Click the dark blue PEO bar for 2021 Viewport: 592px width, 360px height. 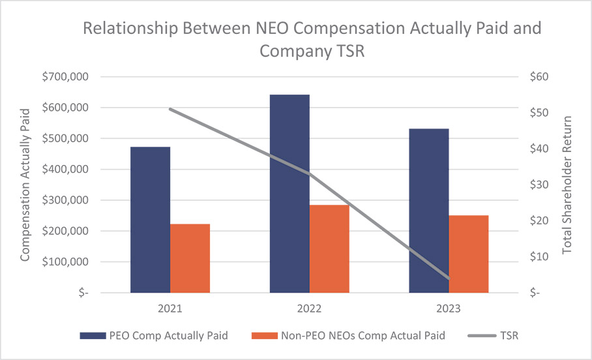coord(150,220)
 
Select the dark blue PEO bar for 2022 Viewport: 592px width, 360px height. coord(289,194)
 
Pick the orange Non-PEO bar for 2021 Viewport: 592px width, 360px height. coord(190,258)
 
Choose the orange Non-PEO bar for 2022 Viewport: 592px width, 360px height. coord(329,248)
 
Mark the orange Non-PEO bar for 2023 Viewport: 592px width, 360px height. coord(468,254)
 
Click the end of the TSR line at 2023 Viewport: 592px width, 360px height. coord(449,278)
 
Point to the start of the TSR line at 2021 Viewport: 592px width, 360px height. coord(171,109)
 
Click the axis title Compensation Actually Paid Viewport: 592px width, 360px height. coord(25,185)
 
